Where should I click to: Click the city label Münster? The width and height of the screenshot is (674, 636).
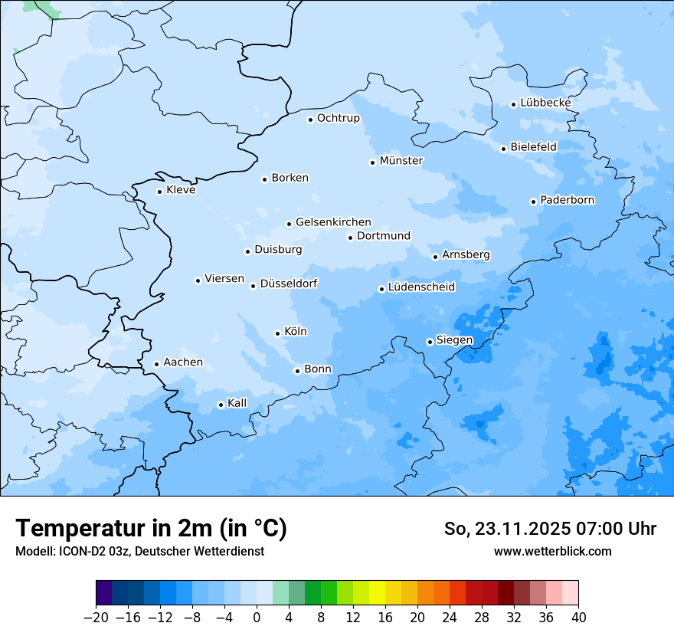tap(401, 161)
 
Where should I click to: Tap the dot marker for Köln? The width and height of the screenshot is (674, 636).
tap(277, 333)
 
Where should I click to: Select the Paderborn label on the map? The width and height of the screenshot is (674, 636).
tap(567, 200)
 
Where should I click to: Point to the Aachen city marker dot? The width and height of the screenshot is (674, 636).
tap(156, 364)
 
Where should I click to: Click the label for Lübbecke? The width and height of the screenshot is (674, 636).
tap(545, 103)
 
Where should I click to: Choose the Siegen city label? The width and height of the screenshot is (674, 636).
tap(454, 340)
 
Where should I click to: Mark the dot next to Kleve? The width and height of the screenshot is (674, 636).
tap(159, 192)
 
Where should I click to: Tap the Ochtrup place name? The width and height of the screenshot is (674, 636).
tap(338, 118)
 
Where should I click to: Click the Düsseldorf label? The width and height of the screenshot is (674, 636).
tap(289, 284)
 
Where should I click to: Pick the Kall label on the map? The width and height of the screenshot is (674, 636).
tap(237, 403)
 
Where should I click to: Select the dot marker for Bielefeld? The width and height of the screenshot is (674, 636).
tap(503, 149)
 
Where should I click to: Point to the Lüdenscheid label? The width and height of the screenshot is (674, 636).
tap(421, 287)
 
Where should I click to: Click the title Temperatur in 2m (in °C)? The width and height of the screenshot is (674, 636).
tap(152, 529)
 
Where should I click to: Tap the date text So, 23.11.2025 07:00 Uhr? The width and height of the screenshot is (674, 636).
tap(550, 529)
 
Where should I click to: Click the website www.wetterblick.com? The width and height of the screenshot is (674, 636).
tap(552, 551)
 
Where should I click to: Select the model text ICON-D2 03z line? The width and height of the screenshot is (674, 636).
tap(139, 551)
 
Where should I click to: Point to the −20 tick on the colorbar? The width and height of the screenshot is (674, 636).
tap(96, 618)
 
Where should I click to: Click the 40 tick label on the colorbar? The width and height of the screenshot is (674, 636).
tap(578, 618)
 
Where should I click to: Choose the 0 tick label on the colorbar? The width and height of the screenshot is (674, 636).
tap(257, 618)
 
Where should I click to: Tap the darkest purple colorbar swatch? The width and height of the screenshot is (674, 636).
tap(103, 593)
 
